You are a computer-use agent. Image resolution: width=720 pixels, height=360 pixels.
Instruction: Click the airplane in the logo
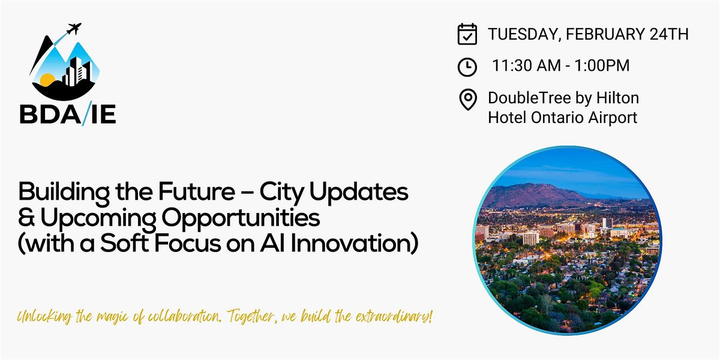[74, 29]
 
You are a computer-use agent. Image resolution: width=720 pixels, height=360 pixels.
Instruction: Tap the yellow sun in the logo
[47, 80]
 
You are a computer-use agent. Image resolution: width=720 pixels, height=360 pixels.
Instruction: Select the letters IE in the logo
[103, 114]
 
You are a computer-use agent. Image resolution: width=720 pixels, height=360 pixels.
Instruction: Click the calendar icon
[467, 34]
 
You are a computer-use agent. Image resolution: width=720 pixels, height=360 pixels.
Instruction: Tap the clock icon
[467, 67]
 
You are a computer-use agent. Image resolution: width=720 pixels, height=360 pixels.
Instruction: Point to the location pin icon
[467, 100]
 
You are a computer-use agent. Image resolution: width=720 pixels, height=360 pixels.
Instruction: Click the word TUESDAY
[524, 34]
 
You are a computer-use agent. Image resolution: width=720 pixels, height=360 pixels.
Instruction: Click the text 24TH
[668, 34]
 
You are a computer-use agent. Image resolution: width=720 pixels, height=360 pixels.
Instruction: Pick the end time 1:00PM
[602, 65]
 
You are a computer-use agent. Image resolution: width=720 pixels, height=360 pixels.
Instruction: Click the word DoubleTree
[530, 98]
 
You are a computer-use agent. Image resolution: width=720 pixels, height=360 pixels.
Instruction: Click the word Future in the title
[196, 191]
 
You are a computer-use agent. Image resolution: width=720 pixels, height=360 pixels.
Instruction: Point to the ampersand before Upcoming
[26, 217]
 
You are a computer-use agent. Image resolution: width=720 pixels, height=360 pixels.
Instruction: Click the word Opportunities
[241, 219]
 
